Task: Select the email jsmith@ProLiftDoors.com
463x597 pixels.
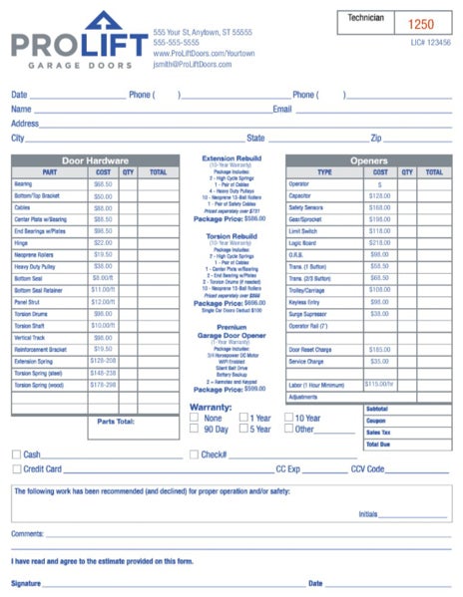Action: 193,64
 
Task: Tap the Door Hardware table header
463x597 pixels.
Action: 94,160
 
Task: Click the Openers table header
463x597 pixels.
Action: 368,160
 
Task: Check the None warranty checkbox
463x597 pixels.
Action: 194,419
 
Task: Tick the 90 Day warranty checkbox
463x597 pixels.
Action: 194,431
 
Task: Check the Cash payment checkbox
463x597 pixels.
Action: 16,454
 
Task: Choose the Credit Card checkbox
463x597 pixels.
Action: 16,468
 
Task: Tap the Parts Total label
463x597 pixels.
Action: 117,422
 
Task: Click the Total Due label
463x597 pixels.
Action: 378,443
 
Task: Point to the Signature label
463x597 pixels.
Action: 27,582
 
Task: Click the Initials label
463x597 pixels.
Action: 368,514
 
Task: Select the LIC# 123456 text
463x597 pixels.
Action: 430,43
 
